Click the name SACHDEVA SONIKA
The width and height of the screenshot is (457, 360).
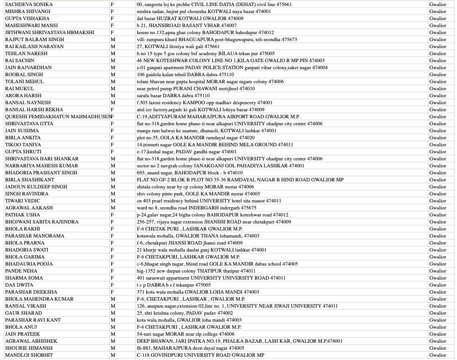29,4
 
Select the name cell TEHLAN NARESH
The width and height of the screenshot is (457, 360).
26,53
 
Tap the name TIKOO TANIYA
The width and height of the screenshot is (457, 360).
23,144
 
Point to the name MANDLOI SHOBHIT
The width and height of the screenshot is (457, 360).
29,355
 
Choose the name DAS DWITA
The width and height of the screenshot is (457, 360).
19,285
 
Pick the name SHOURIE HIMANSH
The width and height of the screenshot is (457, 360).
29,348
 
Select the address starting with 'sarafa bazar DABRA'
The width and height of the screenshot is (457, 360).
173,95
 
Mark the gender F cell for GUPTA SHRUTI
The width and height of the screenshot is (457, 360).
112,151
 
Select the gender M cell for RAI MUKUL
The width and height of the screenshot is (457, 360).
113,88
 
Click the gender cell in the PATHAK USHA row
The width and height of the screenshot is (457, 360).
112,215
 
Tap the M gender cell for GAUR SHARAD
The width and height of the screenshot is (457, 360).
113,313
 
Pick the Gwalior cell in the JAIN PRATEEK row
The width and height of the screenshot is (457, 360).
438,334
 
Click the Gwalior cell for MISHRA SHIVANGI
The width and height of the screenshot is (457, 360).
438,11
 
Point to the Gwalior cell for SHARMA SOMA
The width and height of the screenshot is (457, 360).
438,278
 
